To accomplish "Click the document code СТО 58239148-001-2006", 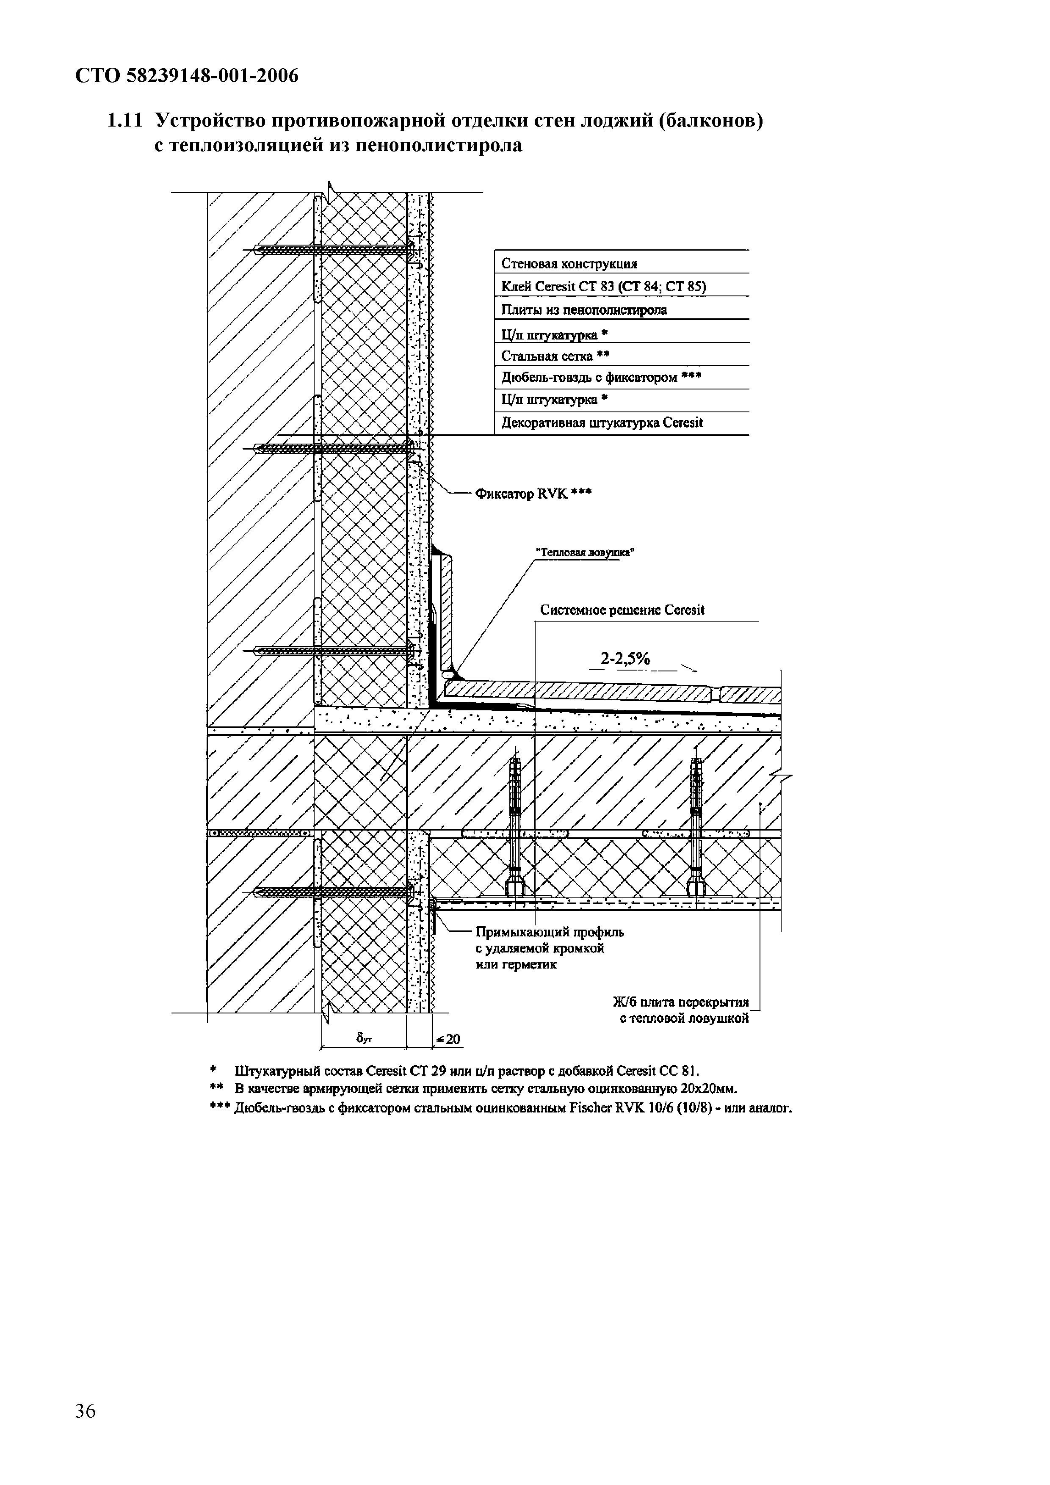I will [x=187, y=76].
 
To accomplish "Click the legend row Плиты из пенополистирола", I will [x=584, y=310].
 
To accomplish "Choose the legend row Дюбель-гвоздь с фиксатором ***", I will [x=602, y=377].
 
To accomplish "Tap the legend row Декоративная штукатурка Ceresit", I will [x=602, y=423].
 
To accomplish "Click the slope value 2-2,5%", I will [x=625, y=658].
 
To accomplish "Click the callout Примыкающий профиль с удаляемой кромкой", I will [x=550, y=948].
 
